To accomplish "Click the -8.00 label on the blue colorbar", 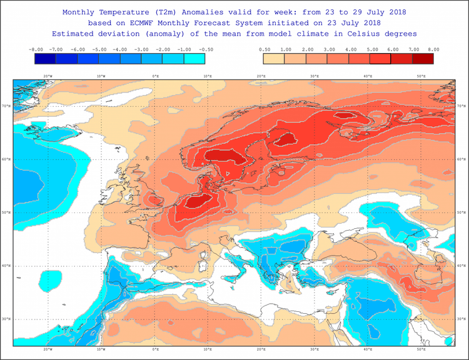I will pos(36,49).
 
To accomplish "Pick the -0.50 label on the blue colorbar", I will pos(204,49).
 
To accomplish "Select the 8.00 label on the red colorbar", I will pos(433,49).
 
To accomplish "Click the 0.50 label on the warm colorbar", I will pos(264,49).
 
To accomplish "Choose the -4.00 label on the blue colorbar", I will pos(120,49).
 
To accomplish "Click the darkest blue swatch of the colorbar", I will pos(46,58).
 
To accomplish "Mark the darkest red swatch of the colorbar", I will pos(423,58).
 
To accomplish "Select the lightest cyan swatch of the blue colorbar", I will pos(194,58).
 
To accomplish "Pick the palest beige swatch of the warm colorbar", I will pos(275,58).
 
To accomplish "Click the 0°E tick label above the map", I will pos(155,76).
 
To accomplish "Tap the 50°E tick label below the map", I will pos(421,349).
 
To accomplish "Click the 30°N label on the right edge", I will pos(462,319).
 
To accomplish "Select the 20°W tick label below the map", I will pos(48,349).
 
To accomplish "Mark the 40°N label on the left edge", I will pos(6,266).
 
